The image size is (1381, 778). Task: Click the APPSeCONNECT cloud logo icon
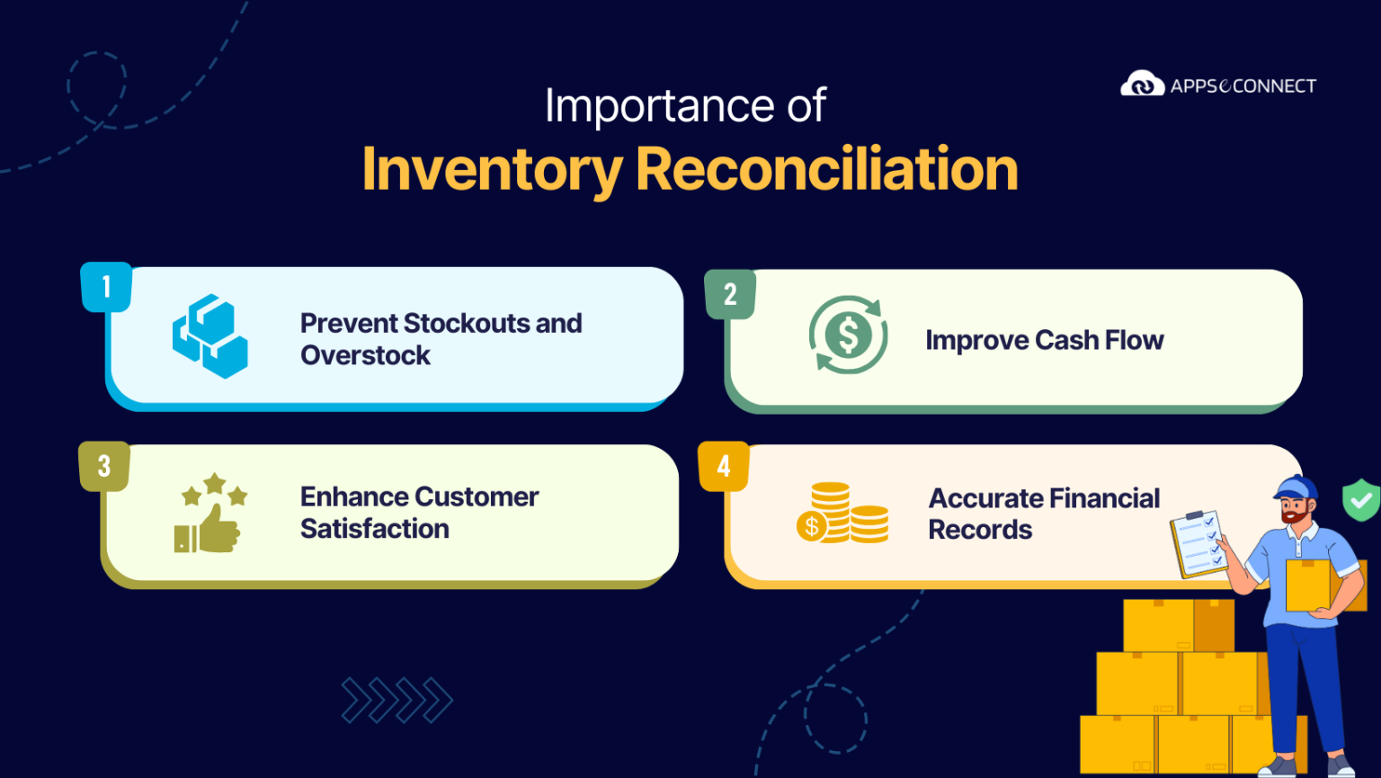pyautogui.click(x=1142, y=85)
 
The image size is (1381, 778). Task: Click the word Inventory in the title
pyautogui.click(x=492, y=169)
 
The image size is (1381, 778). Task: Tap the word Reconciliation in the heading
pyautogui.click(x=826, y=169)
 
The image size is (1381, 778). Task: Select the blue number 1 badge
pyautogui.click(x=106, y=287)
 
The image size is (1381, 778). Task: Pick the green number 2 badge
pyautogui.click(x=730, y=294)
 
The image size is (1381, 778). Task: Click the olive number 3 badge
pyautogui.click(x=104, y=466)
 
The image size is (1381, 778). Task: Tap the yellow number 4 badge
pyautogui.click(x=724, y=466)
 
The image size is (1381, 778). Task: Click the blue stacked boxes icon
pyautogui.click(x=210, y=335)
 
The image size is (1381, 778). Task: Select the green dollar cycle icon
pyautogui.click(x=848, y=335)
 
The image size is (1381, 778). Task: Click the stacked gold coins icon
pyautogui.click(x=842, y=514)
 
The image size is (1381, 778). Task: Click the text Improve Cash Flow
pyautogui.click(x=1044, y=340)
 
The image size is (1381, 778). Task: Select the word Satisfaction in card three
pyautogui.click(x=375, y=529)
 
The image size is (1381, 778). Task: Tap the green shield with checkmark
pyautogui.click(x=1361, y=499)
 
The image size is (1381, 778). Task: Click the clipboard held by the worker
pyautogui.click(x=1198, y=543)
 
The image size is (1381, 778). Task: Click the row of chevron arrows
pyautogui.click(x=396, y=700)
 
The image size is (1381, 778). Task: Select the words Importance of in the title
pyautogui.click(x=684, y=106)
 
